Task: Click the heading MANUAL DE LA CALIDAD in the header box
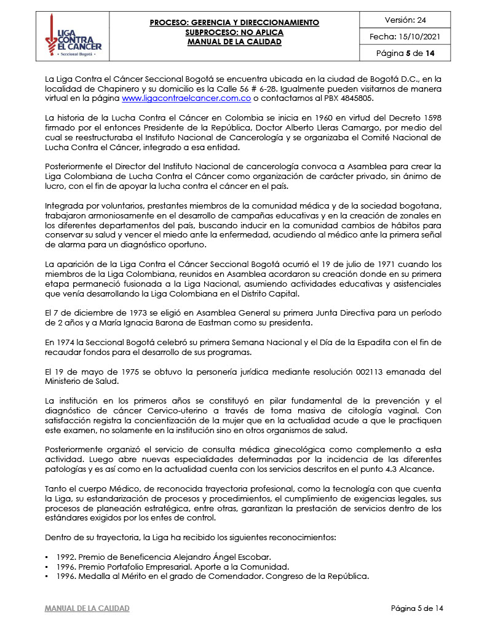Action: tap(234, 42)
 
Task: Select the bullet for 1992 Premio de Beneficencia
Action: tap(47, 557)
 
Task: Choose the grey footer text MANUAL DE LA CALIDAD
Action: tap(87, 608)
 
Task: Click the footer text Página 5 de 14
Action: tap(416, 608)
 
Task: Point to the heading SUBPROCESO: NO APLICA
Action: tap(234, 32)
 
